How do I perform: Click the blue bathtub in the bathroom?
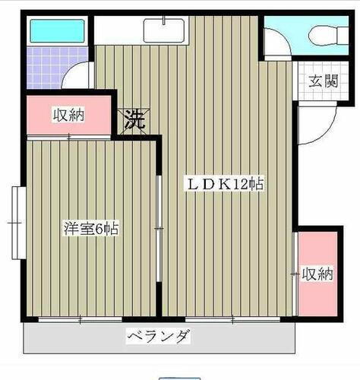coord(57,31)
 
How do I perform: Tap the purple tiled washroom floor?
coord(48,67)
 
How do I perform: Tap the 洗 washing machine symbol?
coord(134,120)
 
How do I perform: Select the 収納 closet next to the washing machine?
coord(68,116)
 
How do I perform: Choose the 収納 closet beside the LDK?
coord(317,273)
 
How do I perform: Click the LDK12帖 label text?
coord(226,184)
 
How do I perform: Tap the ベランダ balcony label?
coord(157,336)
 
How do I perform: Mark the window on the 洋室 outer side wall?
coord(17,222)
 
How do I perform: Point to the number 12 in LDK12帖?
coord(245,184)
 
